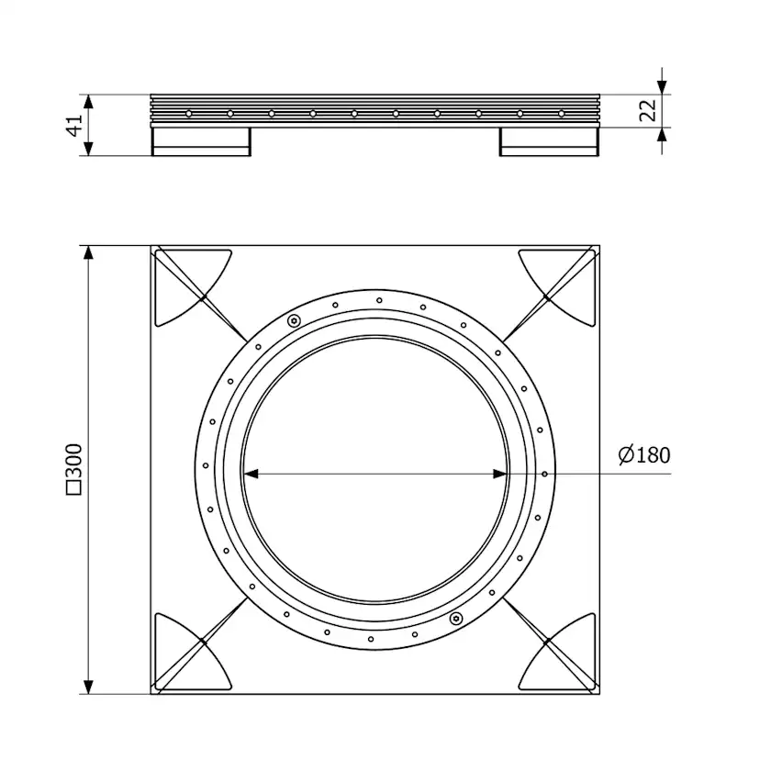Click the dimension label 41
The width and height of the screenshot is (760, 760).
[x=74, y=126]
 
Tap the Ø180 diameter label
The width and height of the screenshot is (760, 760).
[x=644, y=455]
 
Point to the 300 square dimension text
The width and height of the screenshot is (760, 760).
[x=74, y=469]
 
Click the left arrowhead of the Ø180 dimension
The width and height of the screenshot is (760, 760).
[x=251, y=474]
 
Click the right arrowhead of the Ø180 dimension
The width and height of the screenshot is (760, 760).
[x=499, y=474]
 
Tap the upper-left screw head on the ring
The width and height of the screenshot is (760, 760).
[x=293, y=320]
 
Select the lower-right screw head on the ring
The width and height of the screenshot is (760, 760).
[x=455, y=618]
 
